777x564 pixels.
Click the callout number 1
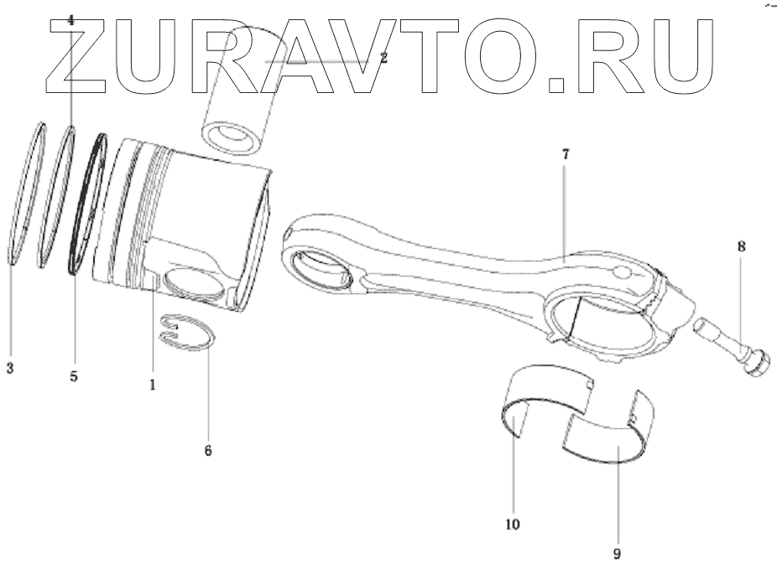point(152,385)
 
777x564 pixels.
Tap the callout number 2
point(383,59)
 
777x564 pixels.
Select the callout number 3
point(9,368)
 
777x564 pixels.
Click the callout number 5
point(74,376)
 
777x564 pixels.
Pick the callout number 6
point(207,450)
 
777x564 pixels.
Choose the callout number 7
point(566,157)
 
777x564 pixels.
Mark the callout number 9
point(618,553)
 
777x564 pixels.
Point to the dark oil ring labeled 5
point(87,205)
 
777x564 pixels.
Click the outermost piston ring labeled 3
point(25,193)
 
